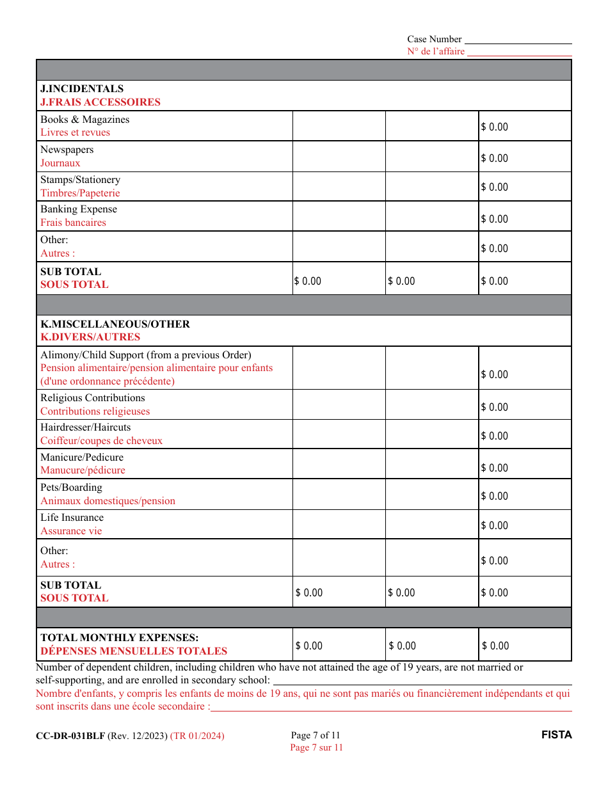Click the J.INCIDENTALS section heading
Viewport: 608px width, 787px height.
click(82, 89)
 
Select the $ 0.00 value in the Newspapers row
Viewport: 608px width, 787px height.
click(494, 158)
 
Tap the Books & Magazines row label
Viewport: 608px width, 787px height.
click(84, 120)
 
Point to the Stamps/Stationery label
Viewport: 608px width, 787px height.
click(80, 180)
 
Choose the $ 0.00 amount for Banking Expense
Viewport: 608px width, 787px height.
click(494, 219)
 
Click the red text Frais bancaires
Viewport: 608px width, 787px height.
click(73, 223)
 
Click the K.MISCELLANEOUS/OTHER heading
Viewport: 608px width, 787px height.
click(115, 324)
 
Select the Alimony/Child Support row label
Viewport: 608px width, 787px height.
click(146, 355)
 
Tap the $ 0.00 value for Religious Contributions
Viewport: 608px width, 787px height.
click(494, 407)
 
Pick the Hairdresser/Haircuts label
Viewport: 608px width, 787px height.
click(85, 427)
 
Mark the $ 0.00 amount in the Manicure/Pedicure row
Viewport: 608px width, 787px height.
click(494, 468)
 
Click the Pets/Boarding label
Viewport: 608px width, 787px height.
click(71, 488)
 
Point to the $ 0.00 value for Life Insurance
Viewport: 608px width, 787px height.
click(494, 525)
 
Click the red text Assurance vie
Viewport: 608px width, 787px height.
click(71, 531)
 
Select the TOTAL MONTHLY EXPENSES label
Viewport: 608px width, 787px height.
click(120, 638)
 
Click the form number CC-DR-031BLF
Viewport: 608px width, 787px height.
click(70, 736)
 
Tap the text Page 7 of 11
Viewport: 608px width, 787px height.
click(316, 735)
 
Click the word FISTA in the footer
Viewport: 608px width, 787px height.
click(556, 735)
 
